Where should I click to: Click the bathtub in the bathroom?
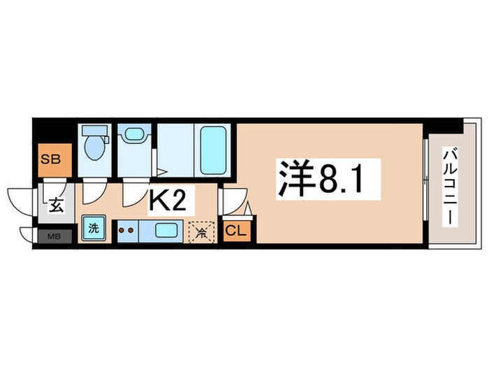click(x=213, y=150)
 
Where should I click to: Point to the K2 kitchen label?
click(x=167, y=201)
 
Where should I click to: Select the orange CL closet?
click(x=235, y=231)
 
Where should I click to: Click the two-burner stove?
click(x=126, y=230)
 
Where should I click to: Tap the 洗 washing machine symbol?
click(x=92, y=229)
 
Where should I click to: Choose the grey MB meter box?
click(x=54, y=236)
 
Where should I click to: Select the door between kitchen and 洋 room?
click(x=230, y=202)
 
